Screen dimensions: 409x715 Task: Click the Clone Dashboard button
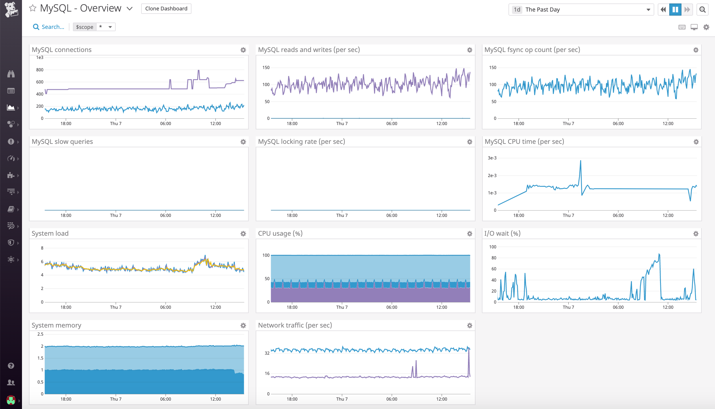click(x=166, y=9)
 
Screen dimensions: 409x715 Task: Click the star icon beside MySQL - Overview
click(x=33, y=8)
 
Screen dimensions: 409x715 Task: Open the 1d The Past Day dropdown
click(x=581, y=10)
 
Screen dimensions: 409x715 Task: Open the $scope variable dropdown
click(x=110, y=27)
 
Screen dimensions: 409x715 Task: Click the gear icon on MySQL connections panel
click(x=243, y=50)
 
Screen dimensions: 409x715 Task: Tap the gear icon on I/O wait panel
click(x=696, y=234)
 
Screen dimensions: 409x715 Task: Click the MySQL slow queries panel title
click(x=62, y=142)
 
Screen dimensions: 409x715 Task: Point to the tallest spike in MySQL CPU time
click(x=581, y=161)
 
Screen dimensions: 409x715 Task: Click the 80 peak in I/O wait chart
click(x=659, y=254)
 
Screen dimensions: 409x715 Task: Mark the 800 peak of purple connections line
click(x=198, y=70)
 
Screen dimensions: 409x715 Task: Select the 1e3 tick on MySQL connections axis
click(x=40, y=57)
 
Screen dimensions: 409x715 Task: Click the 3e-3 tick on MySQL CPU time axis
click(x=492, y=158)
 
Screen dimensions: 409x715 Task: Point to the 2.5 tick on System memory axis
click(x=40, y=334)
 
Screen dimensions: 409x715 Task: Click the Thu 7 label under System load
click(x=116, y=307)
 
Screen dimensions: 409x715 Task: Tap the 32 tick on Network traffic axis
click(x=267, y=353)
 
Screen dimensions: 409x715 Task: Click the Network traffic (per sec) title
click(x=295, y=325)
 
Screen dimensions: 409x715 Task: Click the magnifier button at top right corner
click(x=702, y=10)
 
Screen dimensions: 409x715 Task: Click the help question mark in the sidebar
click(x=11, y=366)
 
